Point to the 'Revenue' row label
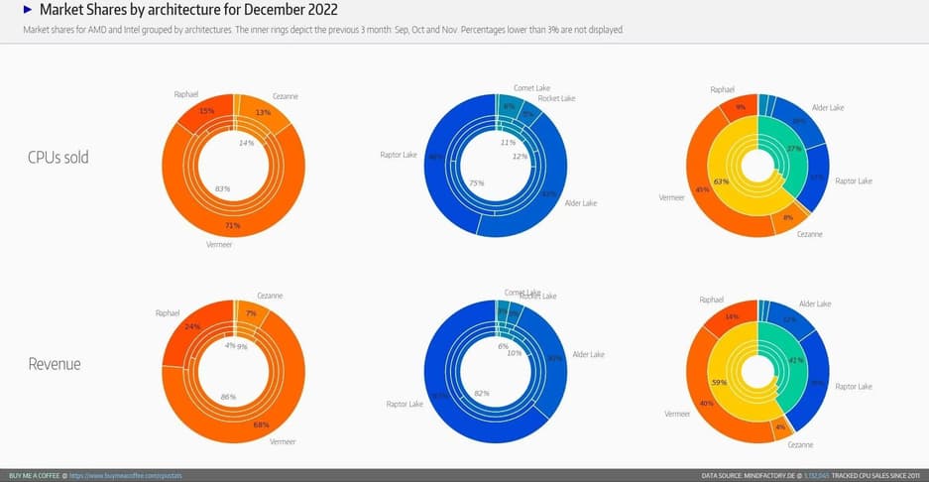[55, 364]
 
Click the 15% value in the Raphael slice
[206, 110]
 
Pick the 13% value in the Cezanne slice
[263, 112]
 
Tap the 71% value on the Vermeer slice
[234, 225]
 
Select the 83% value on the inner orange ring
[222, 188]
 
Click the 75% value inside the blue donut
[476, 183]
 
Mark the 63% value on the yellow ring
[721, 181]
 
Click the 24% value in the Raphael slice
[193, 325]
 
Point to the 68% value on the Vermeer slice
[261, 424]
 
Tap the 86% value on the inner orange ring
[227, 396]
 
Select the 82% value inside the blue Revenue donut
[482, 393]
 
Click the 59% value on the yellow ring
[719, 382]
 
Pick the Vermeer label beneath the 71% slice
[218, 244]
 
